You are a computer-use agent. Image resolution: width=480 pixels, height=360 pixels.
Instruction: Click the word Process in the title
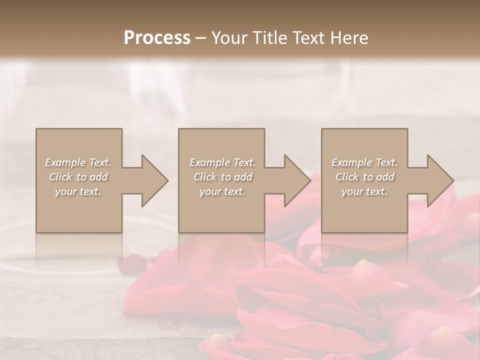point(157,38)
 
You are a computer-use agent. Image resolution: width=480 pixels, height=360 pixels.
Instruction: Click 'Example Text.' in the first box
point(78,162)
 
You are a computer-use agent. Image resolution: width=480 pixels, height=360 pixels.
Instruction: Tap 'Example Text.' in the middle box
point(222,162)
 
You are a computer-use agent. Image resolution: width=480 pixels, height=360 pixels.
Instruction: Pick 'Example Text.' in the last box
point(364,162)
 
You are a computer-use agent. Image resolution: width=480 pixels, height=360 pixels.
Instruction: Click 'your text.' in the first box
point(78,191)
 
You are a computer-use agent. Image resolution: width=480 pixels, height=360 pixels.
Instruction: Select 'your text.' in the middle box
point(222,191)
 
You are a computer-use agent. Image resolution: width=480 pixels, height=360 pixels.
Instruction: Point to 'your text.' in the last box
point(364,191)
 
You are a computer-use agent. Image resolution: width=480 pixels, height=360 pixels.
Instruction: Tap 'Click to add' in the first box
point(78,177)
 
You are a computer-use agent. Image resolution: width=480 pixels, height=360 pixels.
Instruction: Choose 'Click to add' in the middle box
point(222,177)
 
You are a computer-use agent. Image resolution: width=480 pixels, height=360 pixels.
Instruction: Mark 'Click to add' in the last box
point(364,177)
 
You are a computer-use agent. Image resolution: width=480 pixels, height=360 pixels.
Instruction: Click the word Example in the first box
point(65,162)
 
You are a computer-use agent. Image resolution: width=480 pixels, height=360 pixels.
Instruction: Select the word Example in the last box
point(351,162)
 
